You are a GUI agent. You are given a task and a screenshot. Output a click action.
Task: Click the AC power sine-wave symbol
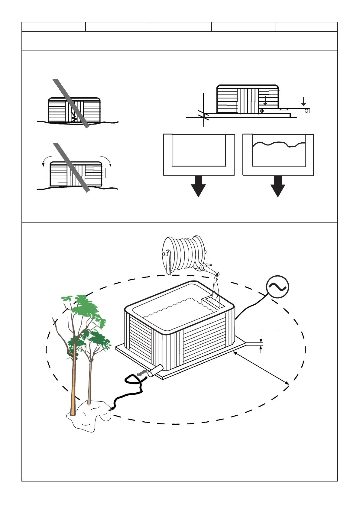(277, 287)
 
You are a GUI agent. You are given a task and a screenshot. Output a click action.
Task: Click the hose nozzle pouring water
(216, 274)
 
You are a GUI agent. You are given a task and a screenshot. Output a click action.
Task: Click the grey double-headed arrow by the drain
(141, 374)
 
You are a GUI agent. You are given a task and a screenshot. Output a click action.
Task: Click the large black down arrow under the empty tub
(198, 186)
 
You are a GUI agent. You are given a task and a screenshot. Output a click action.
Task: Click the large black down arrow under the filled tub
(278, 186)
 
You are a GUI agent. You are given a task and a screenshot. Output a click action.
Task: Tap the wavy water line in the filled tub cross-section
(278, 144)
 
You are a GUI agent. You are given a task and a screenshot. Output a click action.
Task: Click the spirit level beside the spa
(284, 110)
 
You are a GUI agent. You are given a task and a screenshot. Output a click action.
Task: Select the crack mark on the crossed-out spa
(73, 116)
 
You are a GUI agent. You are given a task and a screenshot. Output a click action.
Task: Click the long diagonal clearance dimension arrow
(261, 368)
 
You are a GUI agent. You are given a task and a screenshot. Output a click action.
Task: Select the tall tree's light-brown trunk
(73, 387)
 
